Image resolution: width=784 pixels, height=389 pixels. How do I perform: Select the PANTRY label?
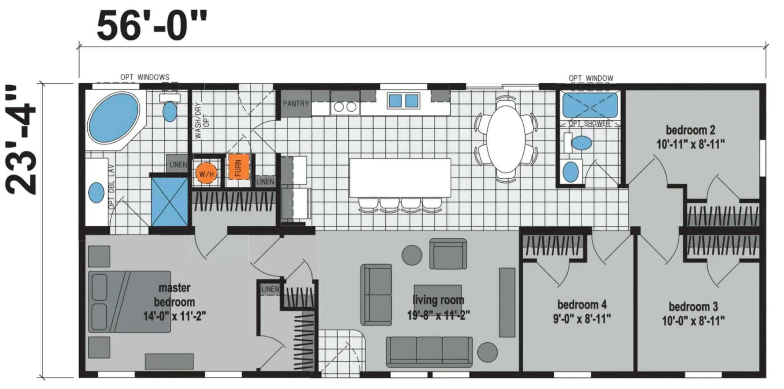coord(296,103)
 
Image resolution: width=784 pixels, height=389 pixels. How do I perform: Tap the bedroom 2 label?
coord(691,137)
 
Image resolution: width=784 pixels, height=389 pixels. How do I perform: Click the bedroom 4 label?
coord(582,312)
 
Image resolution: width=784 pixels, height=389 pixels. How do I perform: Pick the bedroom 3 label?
coord(693,314)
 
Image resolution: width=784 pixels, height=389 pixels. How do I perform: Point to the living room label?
coord(438,308)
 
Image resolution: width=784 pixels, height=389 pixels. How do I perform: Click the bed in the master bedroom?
coord(130,302)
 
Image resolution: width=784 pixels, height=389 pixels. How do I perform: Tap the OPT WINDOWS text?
coord(145,77)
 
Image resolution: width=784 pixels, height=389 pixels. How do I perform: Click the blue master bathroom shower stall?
coord(170,201)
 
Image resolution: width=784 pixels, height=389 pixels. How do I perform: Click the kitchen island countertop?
coord(400,178)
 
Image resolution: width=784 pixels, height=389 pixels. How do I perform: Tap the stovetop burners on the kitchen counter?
coord(345,107)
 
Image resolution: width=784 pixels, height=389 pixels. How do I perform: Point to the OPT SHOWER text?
coord(589,124)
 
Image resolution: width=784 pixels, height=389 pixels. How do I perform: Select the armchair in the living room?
coord(448,254)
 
